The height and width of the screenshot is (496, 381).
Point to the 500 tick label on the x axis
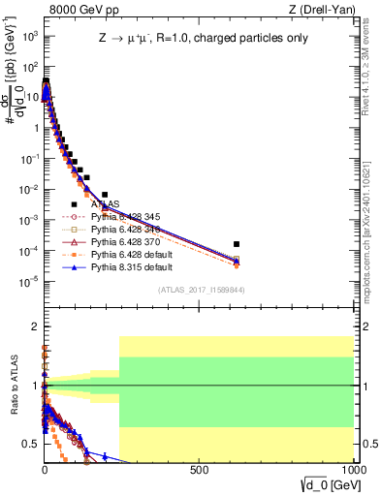point(200,469)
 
